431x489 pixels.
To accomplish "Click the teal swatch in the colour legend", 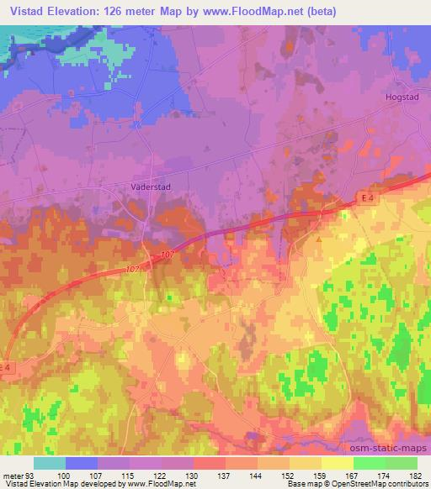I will (50, 463).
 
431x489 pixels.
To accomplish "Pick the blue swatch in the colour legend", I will (81, 463).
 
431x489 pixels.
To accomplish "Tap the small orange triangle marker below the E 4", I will (320, 238).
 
